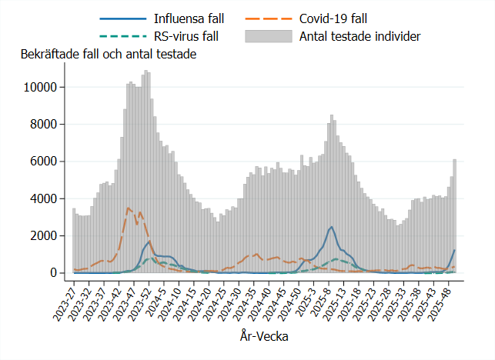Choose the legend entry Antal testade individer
359,35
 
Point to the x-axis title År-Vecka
264,336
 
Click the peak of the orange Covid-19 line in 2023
129,208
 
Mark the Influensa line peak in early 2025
331,227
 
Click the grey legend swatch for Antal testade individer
269,35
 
